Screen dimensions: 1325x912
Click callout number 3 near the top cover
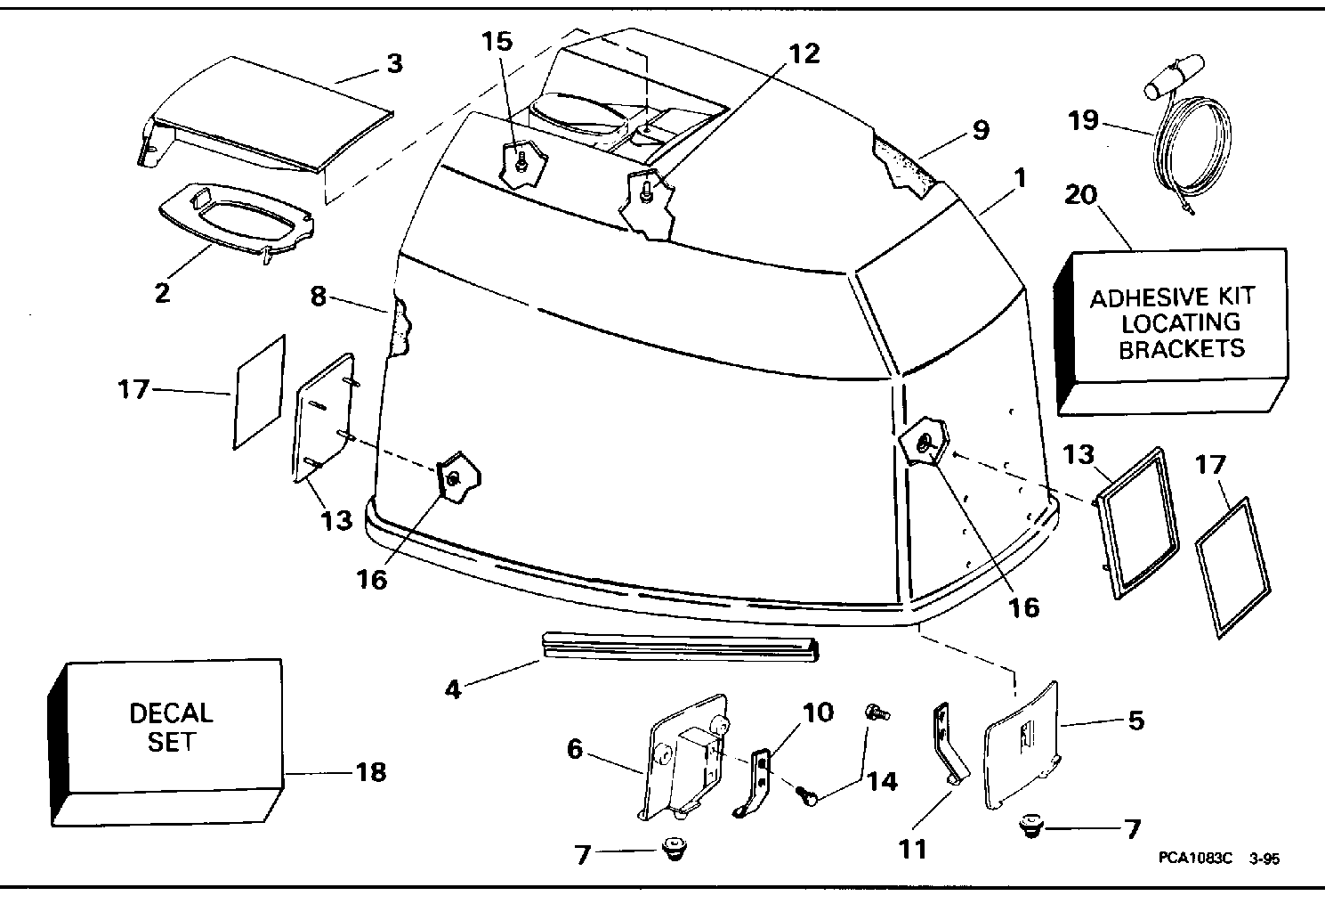point(394,63)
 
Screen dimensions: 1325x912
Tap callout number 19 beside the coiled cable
point(1083,121)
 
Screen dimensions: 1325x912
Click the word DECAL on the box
point(171,713)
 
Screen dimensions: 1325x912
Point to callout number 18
point(371,772)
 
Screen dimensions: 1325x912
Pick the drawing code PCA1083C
point(1195,858)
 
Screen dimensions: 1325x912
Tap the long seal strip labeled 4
point(680,646)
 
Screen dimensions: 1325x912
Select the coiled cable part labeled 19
point(1186,136)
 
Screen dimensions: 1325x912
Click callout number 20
point(1080,195)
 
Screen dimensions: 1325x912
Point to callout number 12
point(804,54)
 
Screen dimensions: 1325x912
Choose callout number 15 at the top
point(497,42)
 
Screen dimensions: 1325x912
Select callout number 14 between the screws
point(882,782)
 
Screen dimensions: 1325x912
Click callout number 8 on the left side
point(319,297)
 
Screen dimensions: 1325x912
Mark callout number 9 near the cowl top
point(981,130)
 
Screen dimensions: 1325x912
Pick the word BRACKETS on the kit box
point(1182,349)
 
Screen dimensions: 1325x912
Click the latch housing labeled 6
point(686,758)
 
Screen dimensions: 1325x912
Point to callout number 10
point(818,712)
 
